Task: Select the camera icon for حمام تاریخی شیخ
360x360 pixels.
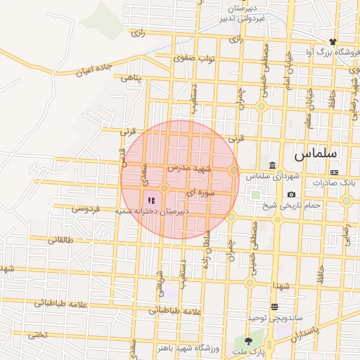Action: pos(291,195)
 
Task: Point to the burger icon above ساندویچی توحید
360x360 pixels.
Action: pos(274,307)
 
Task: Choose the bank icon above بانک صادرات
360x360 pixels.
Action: pos(334,172)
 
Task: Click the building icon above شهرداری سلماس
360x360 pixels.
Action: pos(272,165)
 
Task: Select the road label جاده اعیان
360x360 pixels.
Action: pos(94,69)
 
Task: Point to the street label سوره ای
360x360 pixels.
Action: pos(199,191)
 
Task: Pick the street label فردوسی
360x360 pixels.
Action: pos(86,209)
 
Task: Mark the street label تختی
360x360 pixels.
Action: pos(36,334)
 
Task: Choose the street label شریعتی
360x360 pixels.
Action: pos(160,281)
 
